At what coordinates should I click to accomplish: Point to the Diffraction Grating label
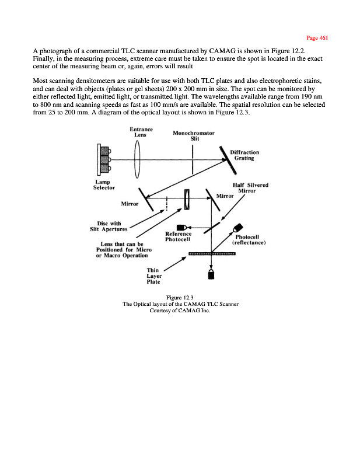[x=247, y=155]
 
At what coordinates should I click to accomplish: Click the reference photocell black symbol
[x=182, y=226]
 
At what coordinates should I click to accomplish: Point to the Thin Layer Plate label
[x=154, y=276]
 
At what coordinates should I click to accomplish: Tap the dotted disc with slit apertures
[x=167, y=204]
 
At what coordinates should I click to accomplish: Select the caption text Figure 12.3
[x=180, y=298]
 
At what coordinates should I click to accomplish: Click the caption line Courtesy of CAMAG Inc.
[x=180, y=311]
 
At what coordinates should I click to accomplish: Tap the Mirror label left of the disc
[x=130, y=204]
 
